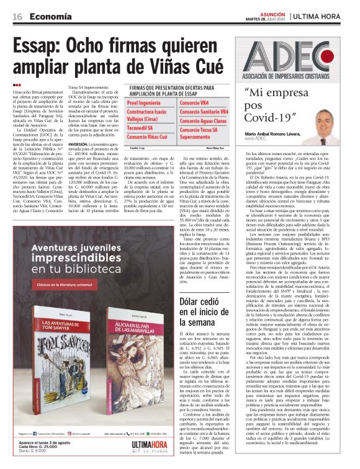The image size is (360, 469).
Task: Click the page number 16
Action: (17, 17)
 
